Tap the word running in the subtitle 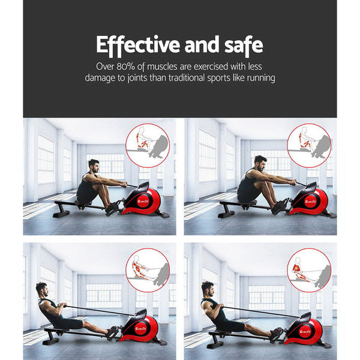(x=259, y=78)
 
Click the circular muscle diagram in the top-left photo (x=148, y=145)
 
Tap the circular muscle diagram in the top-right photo (x=308, y=145)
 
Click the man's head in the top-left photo (x=93, y=165)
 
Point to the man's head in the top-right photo (x=259, y=162)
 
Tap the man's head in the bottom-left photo (x=41, y=290)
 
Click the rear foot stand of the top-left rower (x=59, y=211)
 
